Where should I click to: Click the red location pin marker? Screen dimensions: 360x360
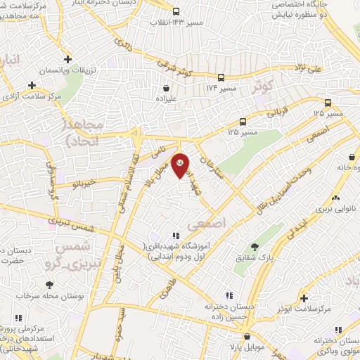[x=181, y=165]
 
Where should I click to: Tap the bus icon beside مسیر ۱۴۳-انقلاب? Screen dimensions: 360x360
[x=175, y=11]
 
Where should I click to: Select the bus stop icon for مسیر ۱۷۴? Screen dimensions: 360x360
[x=221, y=77]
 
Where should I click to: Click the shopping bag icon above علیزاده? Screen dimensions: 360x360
[x=167, y=89]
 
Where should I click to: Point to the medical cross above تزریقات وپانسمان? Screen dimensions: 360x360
[x=67, y=60]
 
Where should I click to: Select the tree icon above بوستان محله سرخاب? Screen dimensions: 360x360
[x=49, y=285]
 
